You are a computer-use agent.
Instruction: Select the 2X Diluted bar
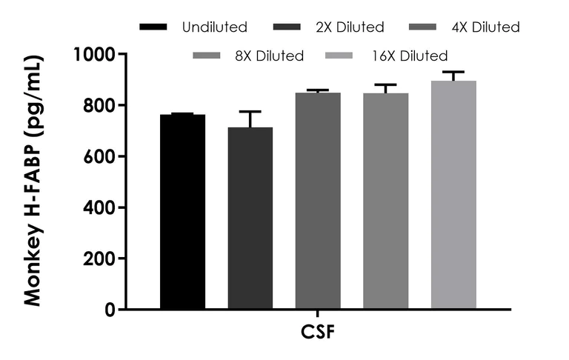250,219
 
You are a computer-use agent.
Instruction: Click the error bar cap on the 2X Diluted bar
250,112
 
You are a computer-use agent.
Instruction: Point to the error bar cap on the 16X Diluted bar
453,72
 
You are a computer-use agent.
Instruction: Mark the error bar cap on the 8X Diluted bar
385,84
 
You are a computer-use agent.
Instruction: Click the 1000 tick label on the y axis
95,54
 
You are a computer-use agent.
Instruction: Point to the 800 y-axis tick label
100,105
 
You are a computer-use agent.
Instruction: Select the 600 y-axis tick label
100,156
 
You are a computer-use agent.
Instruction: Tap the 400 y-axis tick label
100,207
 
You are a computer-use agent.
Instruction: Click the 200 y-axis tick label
100,259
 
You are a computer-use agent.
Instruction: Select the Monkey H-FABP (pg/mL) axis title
33,181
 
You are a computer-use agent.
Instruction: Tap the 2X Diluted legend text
349,28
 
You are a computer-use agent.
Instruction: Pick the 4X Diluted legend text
485,28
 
